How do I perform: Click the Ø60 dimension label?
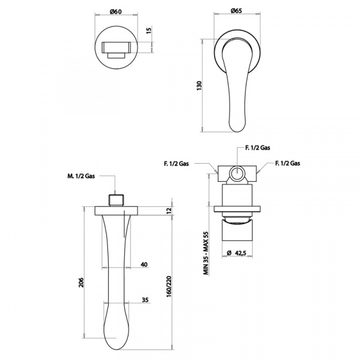[x=116, y=11]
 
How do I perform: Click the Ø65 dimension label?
[x=236, y=11]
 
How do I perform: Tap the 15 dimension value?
[x=149, y=31]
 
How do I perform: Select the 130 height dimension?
[x=199, y=85]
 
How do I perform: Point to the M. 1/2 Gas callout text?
[x=81, y=176]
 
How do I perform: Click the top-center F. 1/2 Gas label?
[x=257, y=148]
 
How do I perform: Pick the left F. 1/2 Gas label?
[x=176, y=163]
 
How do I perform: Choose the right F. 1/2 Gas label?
[x=287, y=163]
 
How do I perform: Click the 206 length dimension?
[x=82, y=283]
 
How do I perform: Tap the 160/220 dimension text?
[x=169, y=286]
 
